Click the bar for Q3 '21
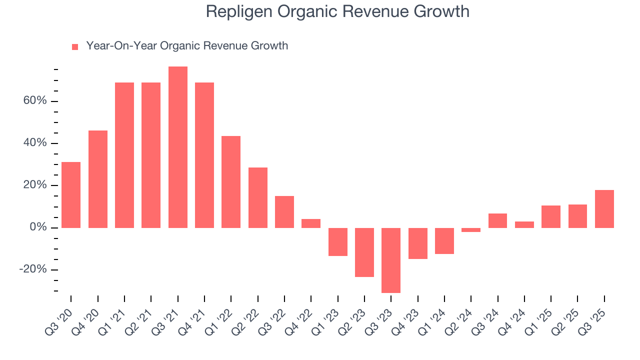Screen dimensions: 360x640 point(178,147)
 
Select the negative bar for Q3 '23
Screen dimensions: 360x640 point(391,260)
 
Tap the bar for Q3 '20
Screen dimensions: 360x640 point(71,195)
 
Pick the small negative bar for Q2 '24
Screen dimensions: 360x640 point(471,230)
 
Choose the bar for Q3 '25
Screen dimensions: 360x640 point(604,209)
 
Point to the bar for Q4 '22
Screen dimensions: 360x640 point(311,223)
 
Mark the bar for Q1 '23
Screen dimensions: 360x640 point(338,242)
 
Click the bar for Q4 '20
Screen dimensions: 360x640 point(98,179)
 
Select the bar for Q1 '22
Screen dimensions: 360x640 point(231,182)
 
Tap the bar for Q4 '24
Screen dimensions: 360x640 point(524,224)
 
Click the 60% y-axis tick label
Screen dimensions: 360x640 point(34,101)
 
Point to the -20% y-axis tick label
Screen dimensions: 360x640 point(33,269)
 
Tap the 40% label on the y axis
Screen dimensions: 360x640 point(34,143)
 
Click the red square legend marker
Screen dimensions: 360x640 point(75,46)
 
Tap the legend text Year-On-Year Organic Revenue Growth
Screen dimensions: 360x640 point(187,46)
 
